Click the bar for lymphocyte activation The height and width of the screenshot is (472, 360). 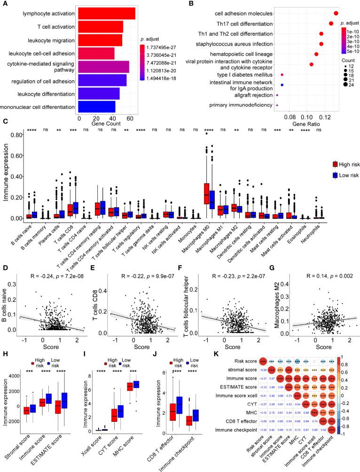(107, 14)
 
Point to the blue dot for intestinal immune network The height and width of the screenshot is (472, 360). (282, 85)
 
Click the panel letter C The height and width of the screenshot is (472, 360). (5, 122)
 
